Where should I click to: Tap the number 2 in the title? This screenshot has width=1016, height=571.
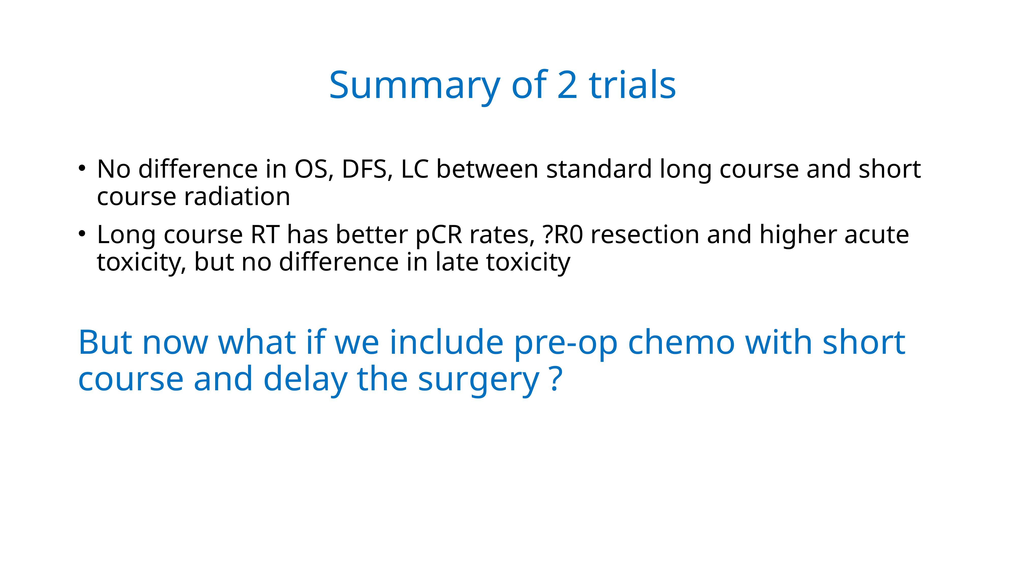coord(567,85)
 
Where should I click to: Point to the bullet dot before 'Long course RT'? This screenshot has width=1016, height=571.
coord(82,234)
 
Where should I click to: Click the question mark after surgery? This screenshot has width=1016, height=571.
coord(555,378)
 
